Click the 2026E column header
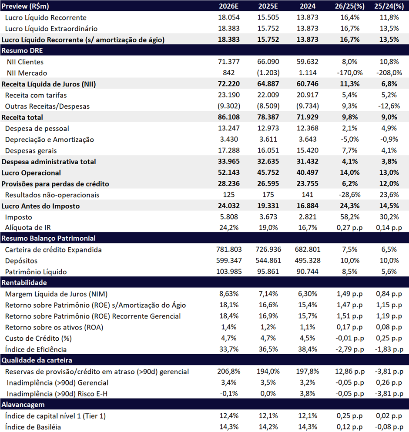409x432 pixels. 228,6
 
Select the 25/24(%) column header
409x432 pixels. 389,6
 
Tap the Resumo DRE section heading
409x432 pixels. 22,50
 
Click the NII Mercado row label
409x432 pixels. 27,73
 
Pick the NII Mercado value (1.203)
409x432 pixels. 268,73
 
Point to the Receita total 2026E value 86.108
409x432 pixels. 228,117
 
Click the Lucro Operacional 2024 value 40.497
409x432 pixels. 308,173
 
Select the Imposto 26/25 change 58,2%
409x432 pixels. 350,217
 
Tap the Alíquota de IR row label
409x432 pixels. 28,228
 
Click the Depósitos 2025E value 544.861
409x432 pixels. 268,260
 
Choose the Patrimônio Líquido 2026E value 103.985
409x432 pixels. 229,271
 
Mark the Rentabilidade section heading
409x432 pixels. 24,282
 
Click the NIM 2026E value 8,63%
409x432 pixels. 229,294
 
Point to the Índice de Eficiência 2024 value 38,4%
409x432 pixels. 308,349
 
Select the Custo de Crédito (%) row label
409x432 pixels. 38,338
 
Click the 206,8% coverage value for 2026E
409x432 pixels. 229,372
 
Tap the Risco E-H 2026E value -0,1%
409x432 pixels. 229,393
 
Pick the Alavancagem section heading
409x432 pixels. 23,405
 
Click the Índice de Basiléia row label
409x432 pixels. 33,427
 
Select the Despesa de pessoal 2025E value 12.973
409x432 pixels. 268,128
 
